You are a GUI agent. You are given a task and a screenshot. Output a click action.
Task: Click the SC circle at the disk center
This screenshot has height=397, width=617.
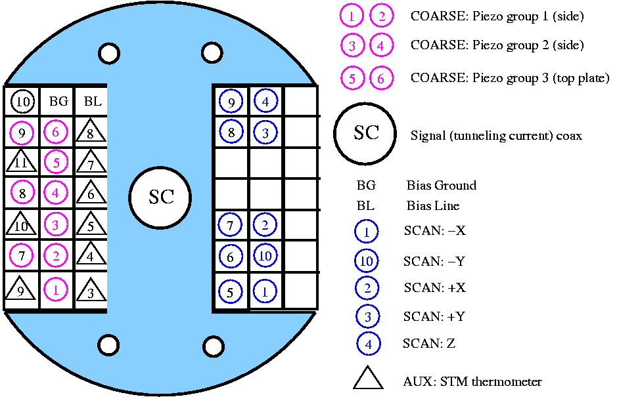tap(160, 198)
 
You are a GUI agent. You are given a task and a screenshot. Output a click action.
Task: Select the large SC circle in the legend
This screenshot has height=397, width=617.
tap(366, 133)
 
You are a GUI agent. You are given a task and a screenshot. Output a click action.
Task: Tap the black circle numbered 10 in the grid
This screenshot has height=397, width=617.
tap(22, 102)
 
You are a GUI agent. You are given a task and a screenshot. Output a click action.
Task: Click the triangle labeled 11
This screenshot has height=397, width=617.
tap(21, 161)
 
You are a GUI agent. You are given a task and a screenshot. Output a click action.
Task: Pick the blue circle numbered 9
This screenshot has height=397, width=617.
tap(231, 102)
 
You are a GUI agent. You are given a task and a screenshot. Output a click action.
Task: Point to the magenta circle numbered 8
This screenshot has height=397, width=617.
tap(22, 194)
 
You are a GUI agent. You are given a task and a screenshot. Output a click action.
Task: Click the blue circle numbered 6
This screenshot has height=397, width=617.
tap(231, 257)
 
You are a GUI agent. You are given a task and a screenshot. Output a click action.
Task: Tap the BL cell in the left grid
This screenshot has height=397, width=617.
tap(91, 102)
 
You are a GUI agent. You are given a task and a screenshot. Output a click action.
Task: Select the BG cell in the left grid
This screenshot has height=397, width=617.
tap(58, 102)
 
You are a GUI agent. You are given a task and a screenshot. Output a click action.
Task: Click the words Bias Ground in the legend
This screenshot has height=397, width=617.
tap(441, 186)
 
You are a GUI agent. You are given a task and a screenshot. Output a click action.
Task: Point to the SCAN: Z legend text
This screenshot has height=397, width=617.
tap(428, 343)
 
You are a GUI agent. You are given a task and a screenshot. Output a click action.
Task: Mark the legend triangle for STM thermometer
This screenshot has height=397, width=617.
tap(368, 379)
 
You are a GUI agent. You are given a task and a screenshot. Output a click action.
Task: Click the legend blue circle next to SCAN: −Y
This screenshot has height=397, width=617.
tap(367, 261)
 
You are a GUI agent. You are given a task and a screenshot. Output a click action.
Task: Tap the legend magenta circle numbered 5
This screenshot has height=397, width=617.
tap(353, 78)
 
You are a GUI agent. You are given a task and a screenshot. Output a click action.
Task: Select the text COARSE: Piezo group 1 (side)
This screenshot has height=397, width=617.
tap(497, 16)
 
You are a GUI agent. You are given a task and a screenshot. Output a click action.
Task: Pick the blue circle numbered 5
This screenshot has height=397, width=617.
tap(231, 291)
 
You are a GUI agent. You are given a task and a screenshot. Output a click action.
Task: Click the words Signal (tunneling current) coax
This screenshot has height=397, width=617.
tap(495, 136)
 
